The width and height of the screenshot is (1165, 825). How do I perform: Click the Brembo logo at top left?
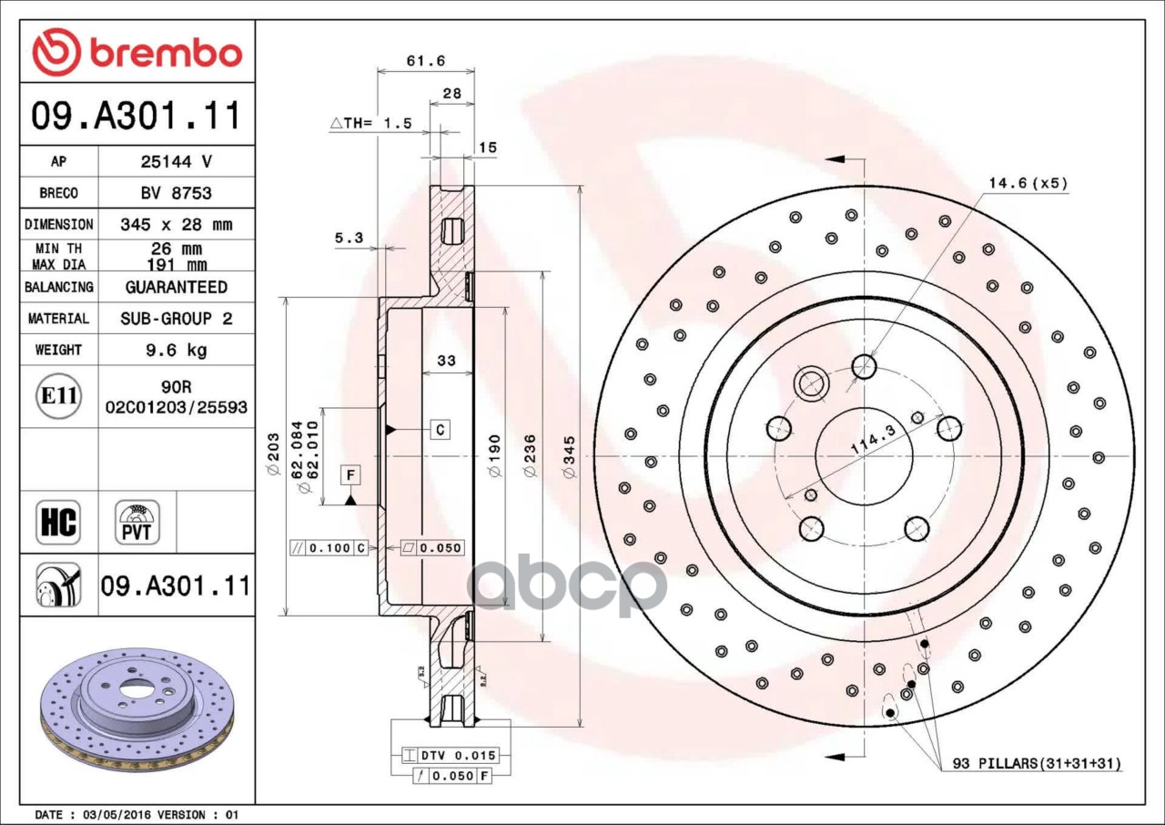137,52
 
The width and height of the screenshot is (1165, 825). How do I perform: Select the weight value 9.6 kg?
176,350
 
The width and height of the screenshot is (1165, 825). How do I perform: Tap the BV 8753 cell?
176,193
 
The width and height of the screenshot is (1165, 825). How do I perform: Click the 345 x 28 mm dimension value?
176,224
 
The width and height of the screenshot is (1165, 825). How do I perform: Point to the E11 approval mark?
58,396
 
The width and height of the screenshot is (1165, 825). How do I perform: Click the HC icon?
58,523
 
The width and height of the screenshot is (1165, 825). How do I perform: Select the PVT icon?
137,523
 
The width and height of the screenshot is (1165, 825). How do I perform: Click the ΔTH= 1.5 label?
370,123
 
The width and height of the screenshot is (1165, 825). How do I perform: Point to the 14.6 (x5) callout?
1028,183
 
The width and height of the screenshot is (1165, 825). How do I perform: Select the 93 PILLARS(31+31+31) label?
1036,763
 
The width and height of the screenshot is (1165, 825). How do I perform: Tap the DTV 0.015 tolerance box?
450,756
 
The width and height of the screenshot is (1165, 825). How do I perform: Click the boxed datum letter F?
350,474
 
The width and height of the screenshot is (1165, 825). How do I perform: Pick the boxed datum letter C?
440,429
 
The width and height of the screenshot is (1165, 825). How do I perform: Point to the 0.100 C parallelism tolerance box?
328,548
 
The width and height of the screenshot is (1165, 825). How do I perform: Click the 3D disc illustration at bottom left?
137,710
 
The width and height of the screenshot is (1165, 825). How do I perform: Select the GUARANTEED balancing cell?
176,287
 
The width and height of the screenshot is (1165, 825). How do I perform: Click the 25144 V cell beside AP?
176,162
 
